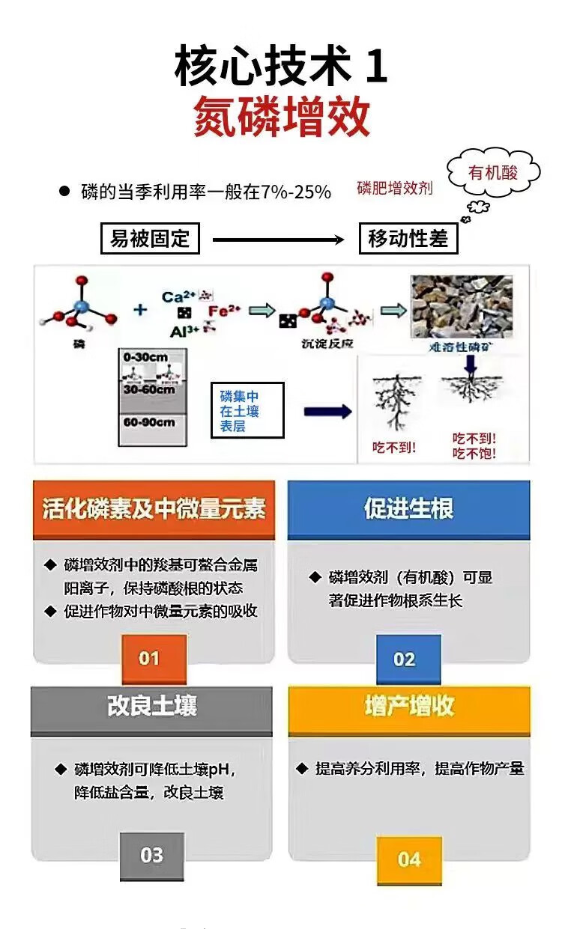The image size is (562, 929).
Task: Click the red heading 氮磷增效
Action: [x=282, y=116]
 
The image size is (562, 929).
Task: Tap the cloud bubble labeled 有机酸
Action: [x=492, y=174]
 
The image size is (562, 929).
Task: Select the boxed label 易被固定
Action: [x=150, y=240]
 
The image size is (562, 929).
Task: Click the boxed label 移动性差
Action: [x=408, y=240]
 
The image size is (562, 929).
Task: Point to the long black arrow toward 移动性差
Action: [x=279, y=240]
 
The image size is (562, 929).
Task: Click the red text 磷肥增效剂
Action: [x=395, y=188]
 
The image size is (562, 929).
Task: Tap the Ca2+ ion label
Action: [x=178, y=296]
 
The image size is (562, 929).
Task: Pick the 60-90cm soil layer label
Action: [x=149, y=422]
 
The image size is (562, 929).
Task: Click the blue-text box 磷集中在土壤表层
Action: [x=247, y=411]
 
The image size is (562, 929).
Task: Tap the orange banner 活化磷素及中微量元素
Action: [x=154, y=510]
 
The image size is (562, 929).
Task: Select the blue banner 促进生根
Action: [x=408, y=510]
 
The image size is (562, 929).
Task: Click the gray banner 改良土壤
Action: [x=151, y=707]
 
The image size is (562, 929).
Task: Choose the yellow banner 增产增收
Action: [x=408, y=707]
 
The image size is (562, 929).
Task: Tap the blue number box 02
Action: [x=404, y=659]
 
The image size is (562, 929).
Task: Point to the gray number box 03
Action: [x=151, y=856]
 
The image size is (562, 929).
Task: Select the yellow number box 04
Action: [x=408, y=859]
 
